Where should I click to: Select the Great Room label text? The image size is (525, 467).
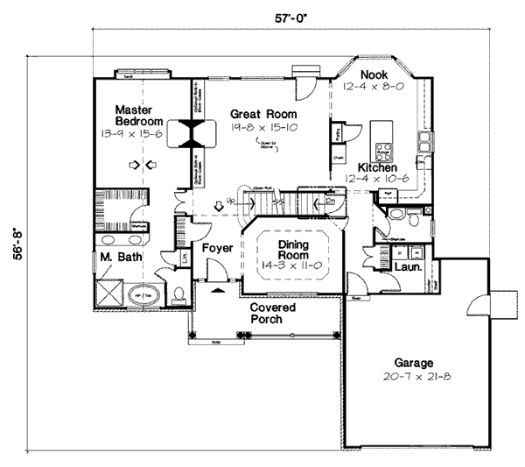coord(263,115)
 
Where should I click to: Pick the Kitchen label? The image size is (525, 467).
coord(377,166)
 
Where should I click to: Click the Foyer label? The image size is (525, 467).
coord(217,249)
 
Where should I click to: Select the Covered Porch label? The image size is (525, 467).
coord(272,314)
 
